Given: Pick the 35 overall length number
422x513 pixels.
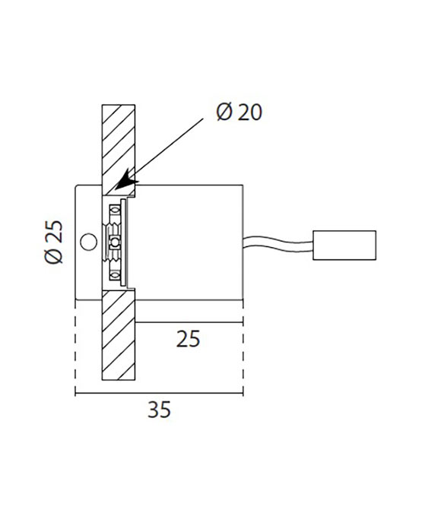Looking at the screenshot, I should pos(158,410).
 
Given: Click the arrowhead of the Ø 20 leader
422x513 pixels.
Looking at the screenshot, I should pos(125,183).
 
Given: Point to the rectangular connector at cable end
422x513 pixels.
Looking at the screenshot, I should pos(345,244).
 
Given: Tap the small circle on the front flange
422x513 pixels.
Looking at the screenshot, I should pos(89,242).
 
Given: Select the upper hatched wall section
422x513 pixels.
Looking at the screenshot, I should pos(118,144).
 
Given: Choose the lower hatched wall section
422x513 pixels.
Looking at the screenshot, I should pos(118,338).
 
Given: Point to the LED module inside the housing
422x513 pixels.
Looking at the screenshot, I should pos(116,242).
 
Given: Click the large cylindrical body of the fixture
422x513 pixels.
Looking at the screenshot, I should pos(186,242).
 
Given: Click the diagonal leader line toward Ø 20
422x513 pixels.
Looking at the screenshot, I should pos(171,150).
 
